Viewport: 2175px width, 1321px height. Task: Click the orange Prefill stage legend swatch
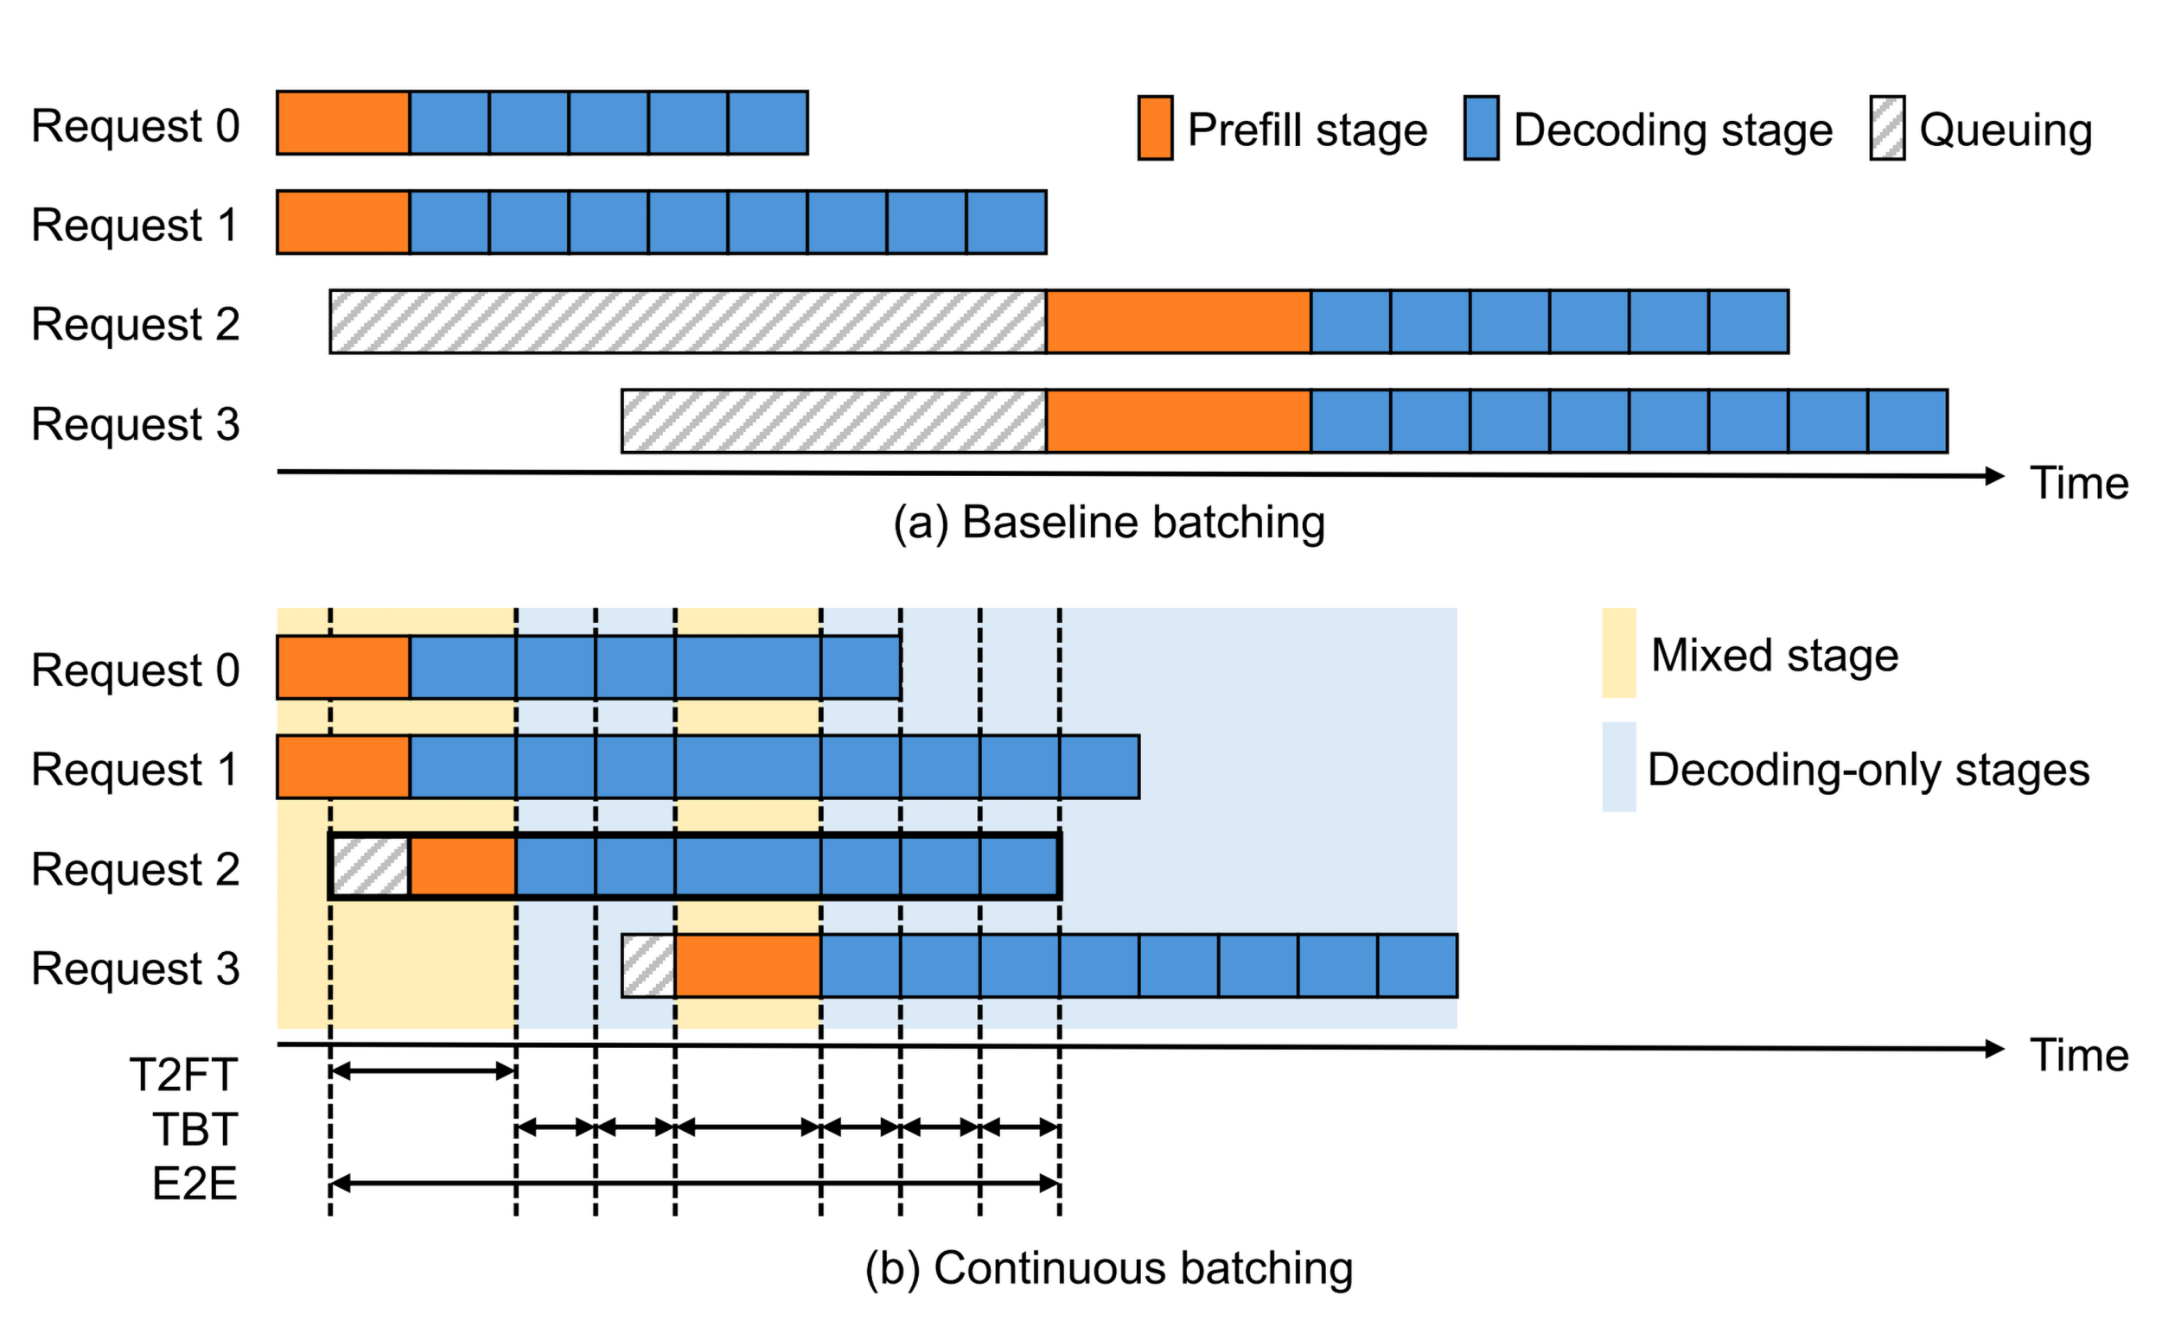point(1155,128)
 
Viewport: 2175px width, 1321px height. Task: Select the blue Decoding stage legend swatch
point(1480,128)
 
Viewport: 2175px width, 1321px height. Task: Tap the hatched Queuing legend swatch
point(1886,128)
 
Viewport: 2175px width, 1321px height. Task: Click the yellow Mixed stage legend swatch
point(1618,653)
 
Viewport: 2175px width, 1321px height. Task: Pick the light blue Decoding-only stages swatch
point(1618,767)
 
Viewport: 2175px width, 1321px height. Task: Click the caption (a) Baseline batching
point(1109,523)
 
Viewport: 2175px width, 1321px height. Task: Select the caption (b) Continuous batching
point(1109,1268)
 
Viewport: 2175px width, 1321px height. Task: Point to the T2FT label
point(183,1075)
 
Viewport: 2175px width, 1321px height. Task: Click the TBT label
point(195,1129)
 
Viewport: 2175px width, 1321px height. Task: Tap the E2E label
point(195,1184)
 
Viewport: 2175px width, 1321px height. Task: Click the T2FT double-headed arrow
point(423,1071)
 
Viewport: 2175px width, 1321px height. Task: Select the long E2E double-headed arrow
point(695,1184)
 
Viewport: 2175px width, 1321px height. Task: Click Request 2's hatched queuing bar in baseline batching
point(687,322)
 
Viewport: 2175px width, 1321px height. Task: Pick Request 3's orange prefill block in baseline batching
point(1178,421)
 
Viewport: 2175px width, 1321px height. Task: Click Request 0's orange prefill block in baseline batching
point(343,123)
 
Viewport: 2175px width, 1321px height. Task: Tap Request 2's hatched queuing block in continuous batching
point(371,867)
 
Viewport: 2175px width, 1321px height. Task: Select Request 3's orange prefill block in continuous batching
point(748,965)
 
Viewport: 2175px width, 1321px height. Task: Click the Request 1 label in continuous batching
point(135,769)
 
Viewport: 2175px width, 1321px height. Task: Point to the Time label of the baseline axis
point(2080,484)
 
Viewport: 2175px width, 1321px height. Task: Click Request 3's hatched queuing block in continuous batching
point(649,965)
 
